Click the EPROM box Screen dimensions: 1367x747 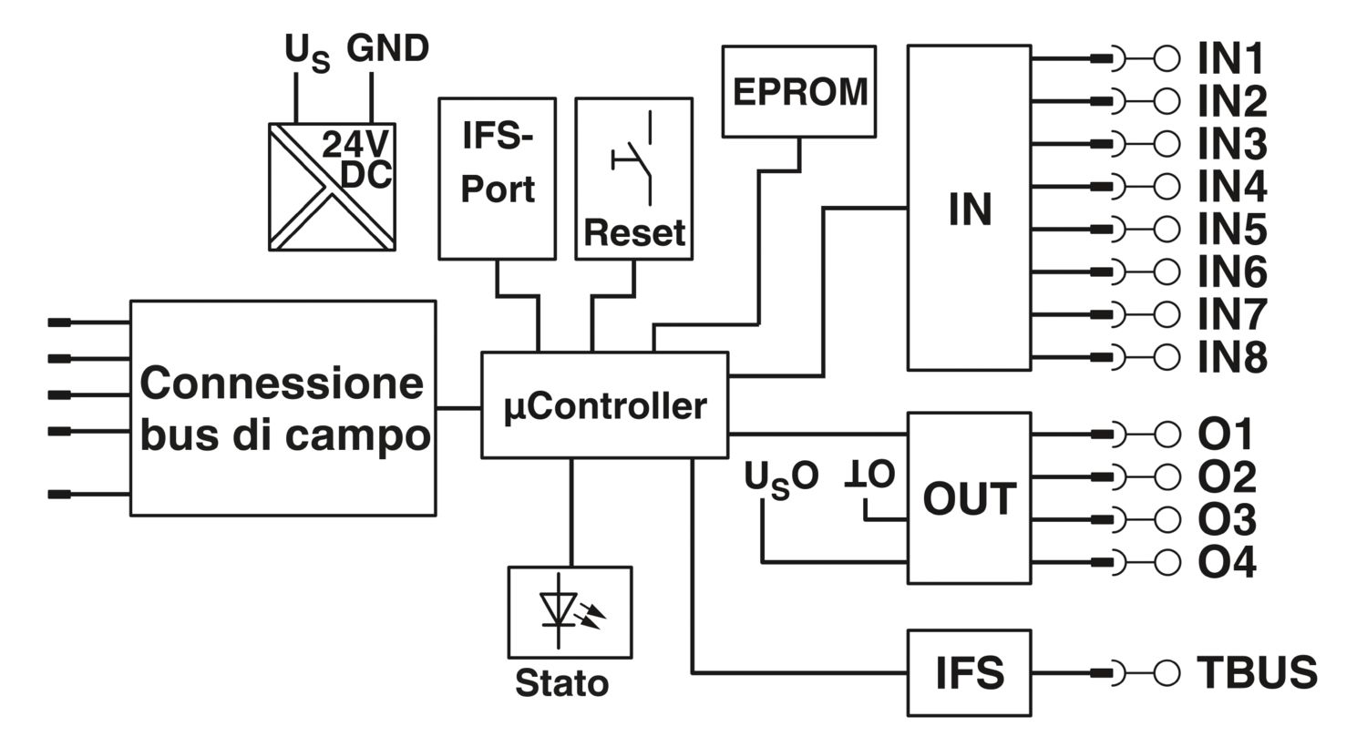799,91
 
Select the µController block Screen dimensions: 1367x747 605,404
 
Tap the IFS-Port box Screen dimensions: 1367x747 498,179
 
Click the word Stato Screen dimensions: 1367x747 562,683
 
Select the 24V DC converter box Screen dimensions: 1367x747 332,187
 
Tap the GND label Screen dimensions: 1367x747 387,48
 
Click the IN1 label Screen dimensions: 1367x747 1230,59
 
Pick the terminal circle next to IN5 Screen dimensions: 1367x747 1167,229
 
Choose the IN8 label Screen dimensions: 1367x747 1232,357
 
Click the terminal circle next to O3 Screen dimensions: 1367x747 1167,519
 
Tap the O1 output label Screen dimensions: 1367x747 1226,435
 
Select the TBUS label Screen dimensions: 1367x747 1257,672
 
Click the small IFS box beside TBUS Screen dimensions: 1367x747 969,672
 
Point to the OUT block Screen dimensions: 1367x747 969,498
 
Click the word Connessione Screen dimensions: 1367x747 282,384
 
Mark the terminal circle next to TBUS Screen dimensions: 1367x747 1167,673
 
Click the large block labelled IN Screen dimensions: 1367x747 969,208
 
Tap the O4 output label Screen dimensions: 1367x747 1227,562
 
